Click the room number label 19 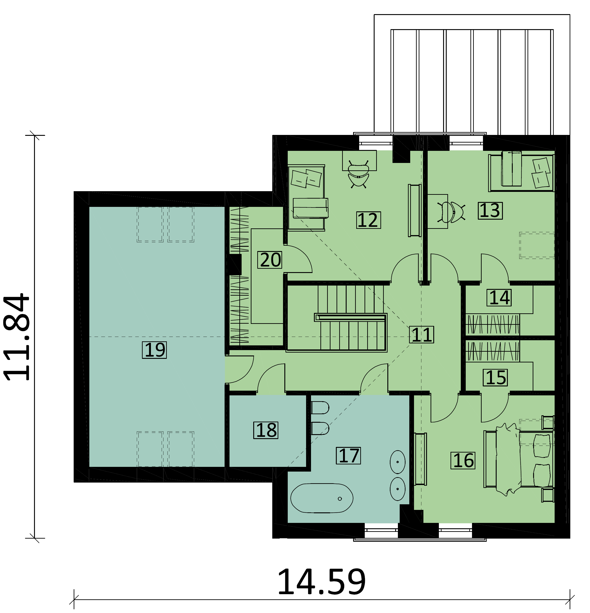point(154,350)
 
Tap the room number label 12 point(368,220)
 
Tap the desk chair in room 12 point(358,175)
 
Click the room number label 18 point(266,430)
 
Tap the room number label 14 point(499,297)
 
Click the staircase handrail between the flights point(351,317)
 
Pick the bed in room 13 point(521,172)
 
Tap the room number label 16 point(463,460)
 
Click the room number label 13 point(490,210)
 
